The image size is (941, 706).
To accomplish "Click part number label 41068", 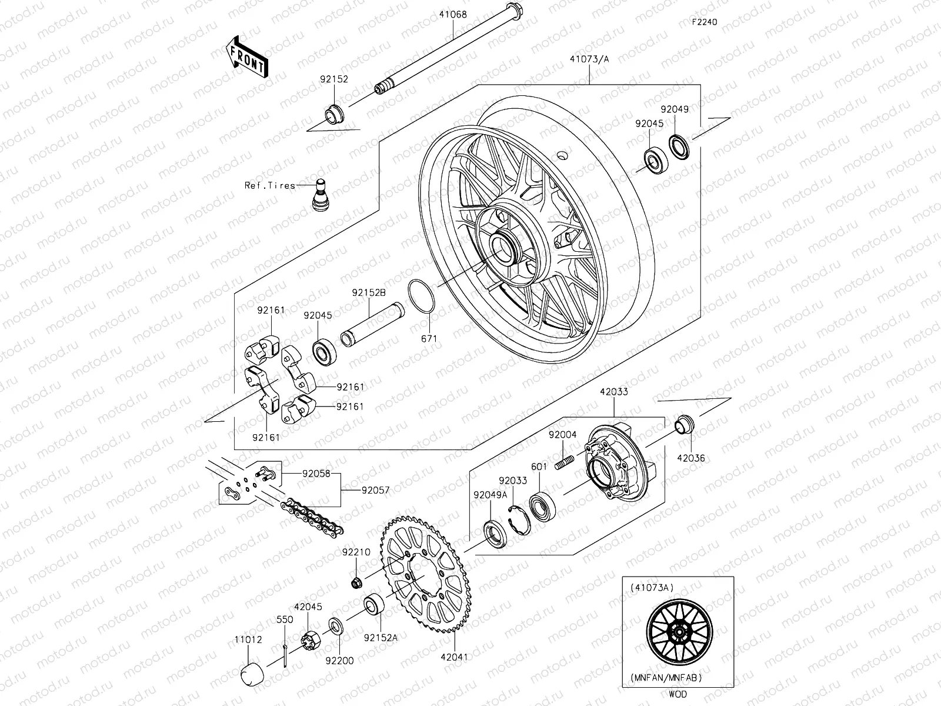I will [452, 14].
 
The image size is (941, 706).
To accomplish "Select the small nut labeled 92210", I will [356, 583].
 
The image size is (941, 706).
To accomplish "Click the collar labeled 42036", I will [683, 424].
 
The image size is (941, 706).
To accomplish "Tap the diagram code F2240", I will [704, 22].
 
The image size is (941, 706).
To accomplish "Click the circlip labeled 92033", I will [518, 518].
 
